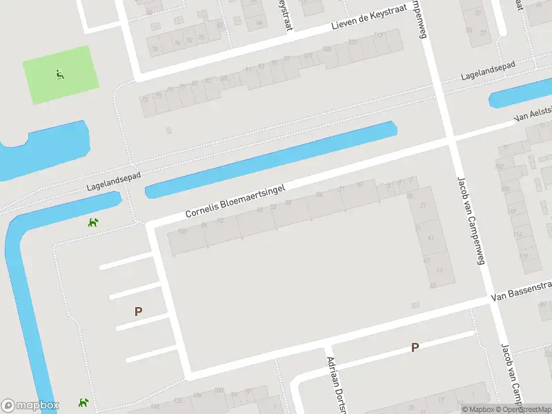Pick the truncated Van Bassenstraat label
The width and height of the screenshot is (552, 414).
[x=522, y=290]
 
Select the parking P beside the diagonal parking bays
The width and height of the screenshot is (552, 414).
[x=138, y=311]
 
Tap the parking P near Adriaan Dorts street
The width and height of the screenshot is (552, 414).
[x=415, y=348]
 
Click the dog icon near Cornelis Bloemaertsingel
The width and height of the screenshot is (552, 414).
[x=92, y=222]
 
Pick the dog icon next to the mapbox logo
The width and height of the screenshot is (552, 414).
[x=83, y=402]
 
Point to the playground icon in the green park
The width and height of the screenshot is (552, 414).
[x=60, y=75]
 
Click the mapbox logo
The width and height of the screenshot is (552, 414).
[x=30, y=406]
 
